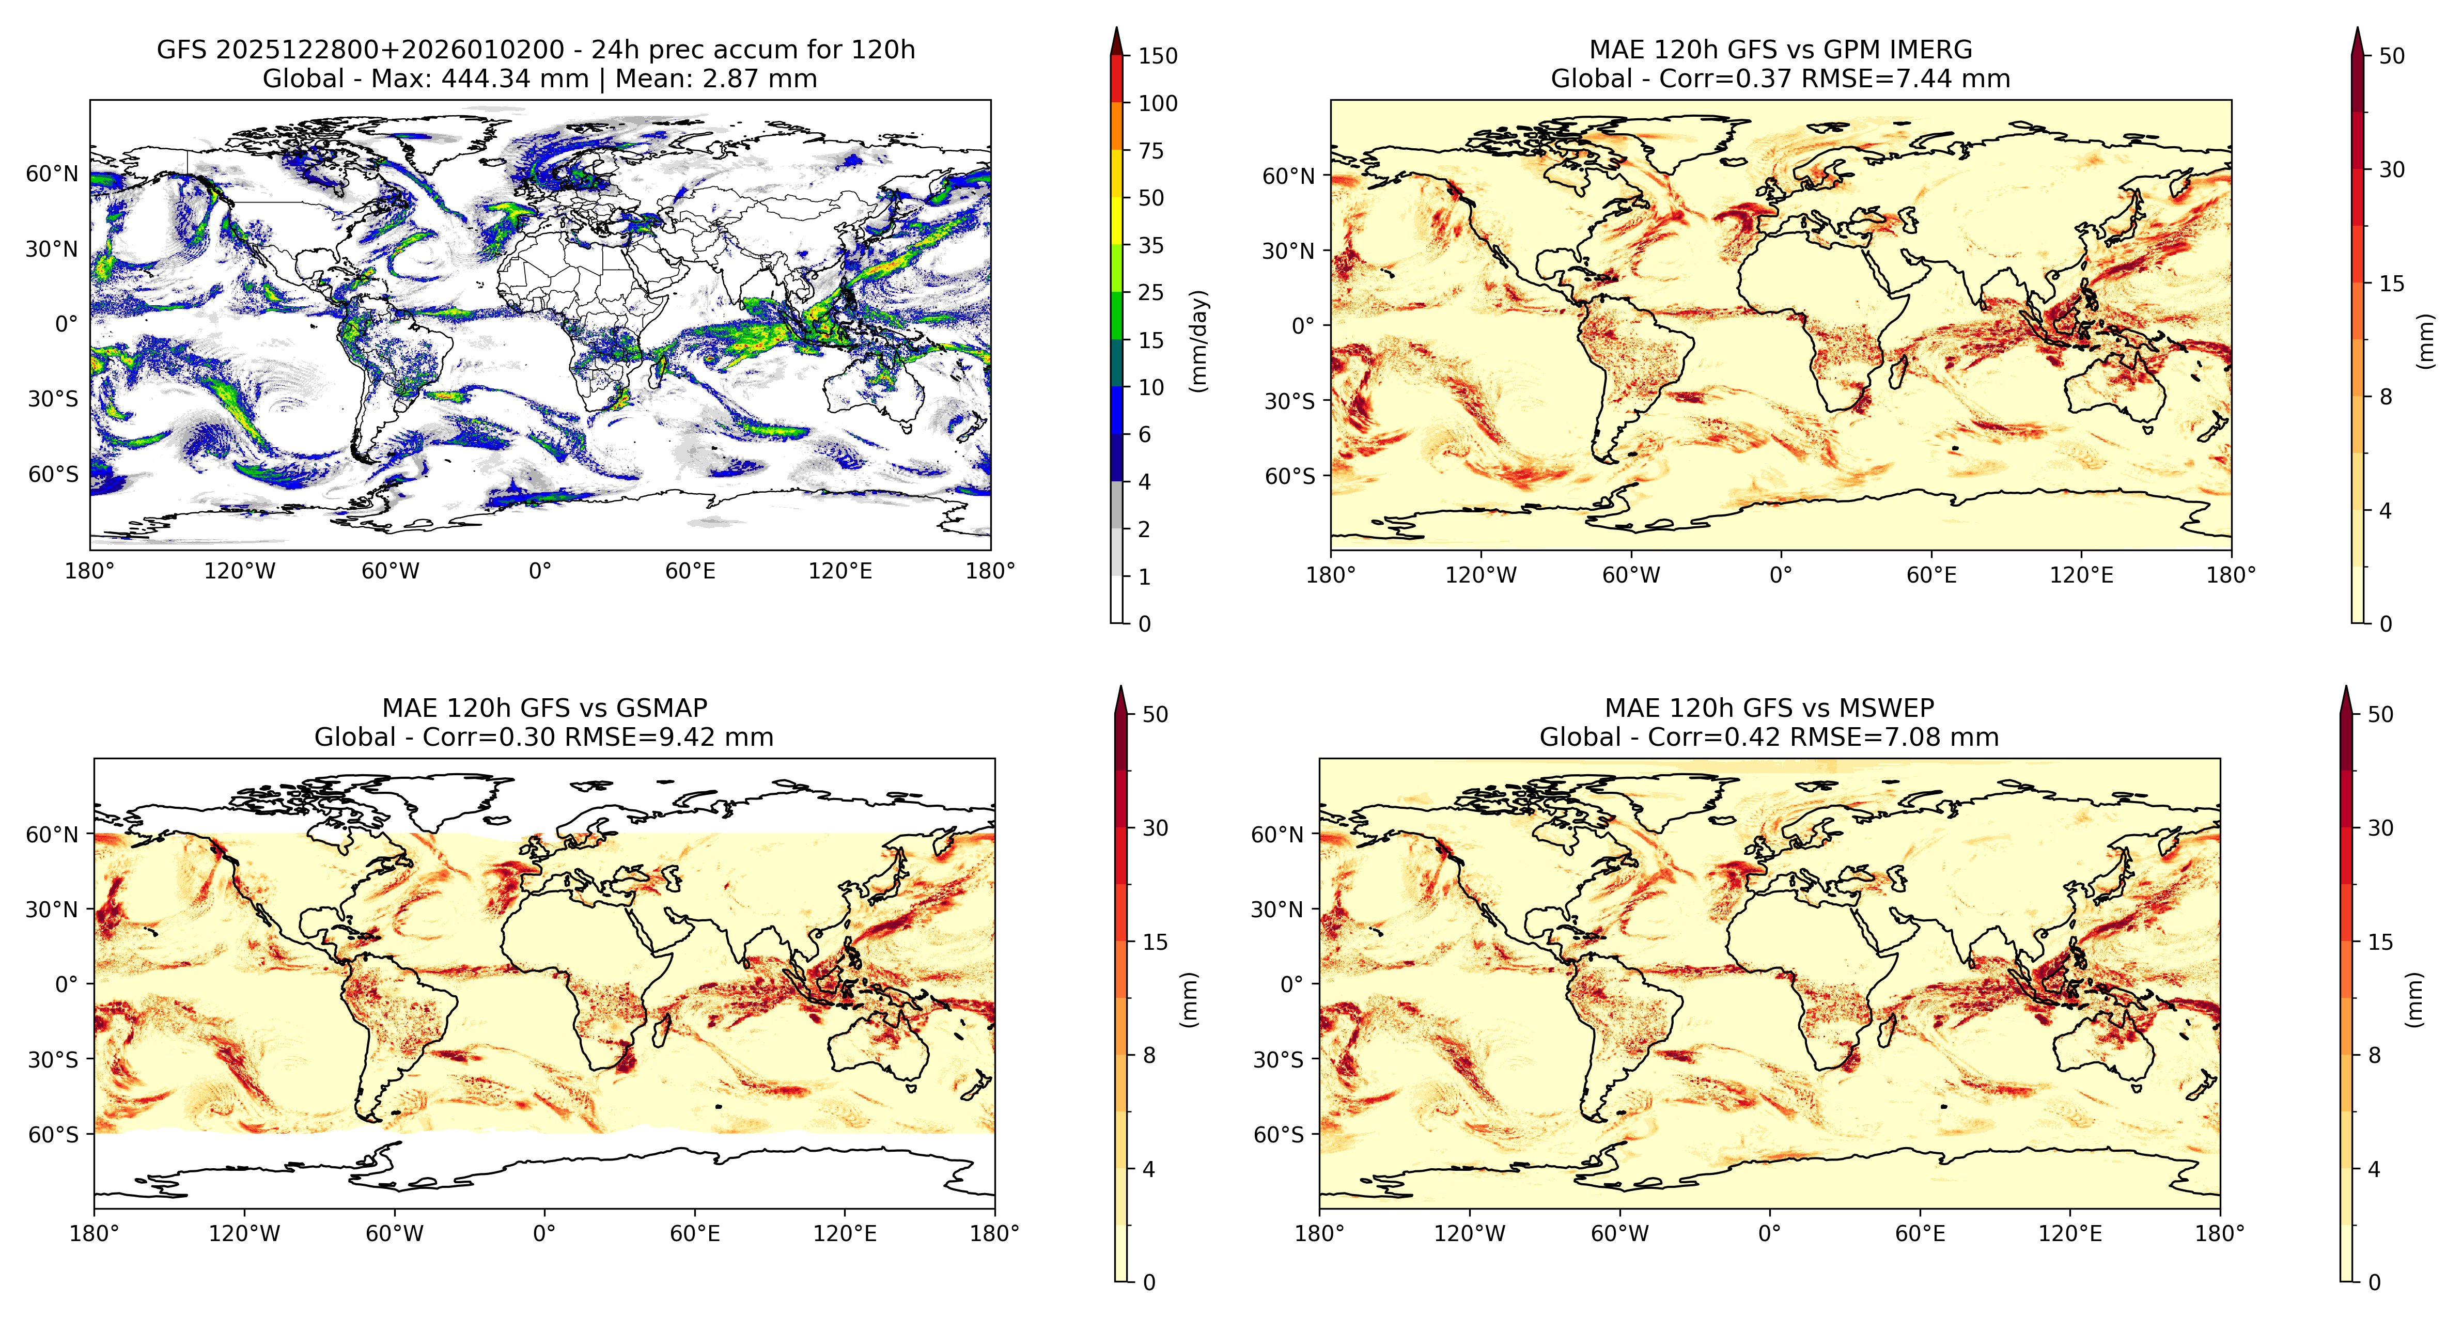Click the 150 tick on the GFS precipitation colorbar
tap(1158, 55)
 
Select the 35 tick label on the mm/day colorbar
tap(1151, 246)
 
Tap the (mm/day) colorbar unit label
tap(1198, 340)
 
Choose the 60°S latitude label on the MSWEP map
tap(1278, 1135)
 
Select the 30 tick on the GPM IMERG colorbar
tap(2391, 169)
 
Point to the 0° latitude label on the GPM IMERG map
tap(1304, 326)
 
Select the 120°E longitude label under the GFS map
tap(840, 572)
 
